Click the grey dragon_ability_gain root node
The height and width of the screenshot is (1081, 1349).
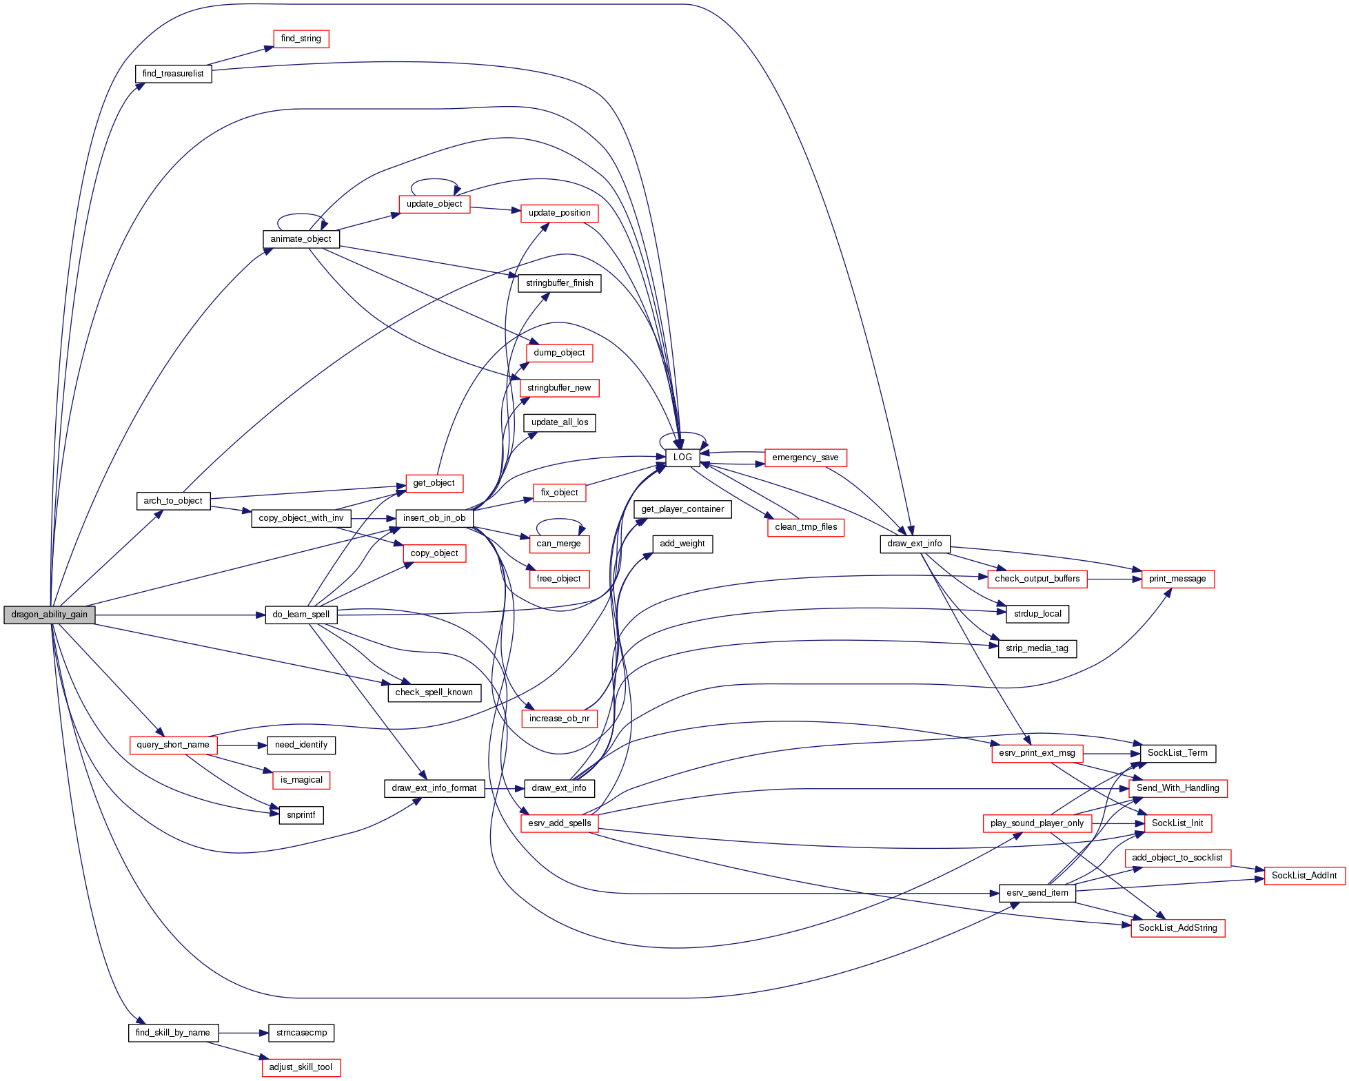pyautogui.click(x=49, y=615)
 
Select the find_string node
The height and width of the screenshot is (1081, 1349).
pyautogui.click(x=301, y=39)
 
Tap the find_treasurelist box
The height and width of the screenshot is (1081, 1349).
pyautogui.click(x=173, y=74)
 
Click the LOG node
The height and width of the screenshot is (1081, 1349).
pyautogui.click(x=682, y=457)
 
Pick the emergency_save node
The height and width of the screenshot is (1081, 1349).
pyautogui.click(x=805, y=457)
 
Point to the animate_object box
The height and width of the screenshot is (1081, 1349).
pyautogui.click(x=301, y=239)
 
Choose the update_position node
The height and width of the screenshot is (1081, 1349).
pyautogui.click(x=559, y=213)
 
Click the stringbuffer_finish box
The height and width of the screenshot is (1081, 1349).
pyautogui.click(x=559, y=283)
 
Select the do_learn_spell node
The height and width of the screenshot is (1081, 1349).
pyautogui.click(x=301, y=615)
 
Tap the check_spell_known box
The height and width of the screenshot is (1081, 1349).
pyautogui.click(x=434, y=692)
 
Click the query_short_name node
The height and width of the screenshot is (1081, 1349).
pyautogui.click(x=173, y=745)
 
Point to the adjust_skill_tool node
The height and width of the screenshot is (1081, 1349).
pyautogui.click(x=301, y=1067)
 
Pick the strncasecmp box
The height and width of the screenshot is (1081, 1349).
pyautogui.click(x=301, y=1033)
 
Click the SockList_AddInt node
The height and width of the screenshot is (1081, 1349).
pyautogui.click(x=1304, y=876)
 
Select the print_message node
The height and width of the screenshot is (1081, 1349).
pyautogui.click(x=1177, y=579)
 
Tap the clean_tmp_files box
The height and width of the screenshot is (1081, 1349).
pyautogui.click(x=806, y=527)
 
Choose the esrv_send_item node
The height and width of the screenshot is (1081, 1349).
pyautogui.click(x=1037, y=893)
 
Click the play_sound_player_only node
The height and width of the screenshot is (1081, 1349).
pyautogui.click(x=1037, y=823)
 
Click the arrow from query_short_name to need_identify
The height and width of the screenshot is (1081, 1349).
pyautogui.click(x=242, y=745)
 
